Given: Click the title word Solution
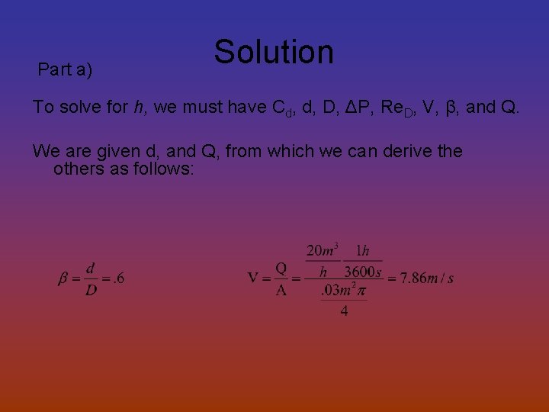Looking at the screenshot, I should (274, 52).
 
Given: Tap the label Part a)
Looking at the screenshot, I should (65, 70).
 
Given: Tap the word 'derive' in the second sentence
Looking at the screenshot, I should (400, 151).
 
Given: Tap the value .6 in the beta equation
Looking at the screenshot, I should (118, 278).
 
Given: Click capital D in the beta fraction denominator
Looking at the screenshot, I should (91, 291).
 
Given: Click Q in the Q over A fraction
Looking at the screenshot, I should (281, 268).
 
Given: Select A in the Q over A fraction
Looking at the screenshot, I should (281, 291).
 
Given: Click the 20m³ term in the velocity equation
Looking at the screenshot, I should (323, 251).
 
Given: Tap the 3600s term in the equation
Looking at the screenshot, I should (363, 272).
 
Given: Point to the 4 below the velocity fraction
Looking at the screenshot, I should (344, 311).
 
